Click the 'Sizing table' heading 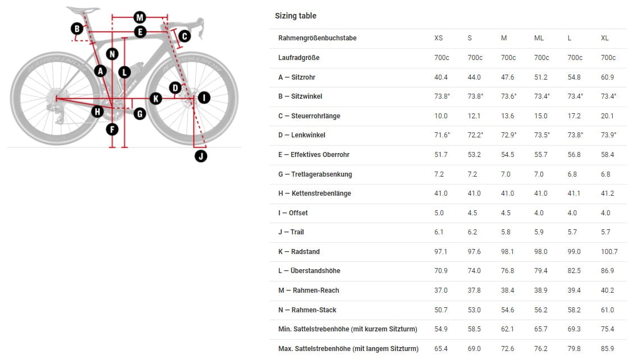[296, 16]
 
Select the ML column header [539, 38]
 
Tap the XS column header [438, 38]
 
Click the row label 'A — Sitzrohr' [297, 77]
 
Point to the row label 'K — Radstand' [299, 251]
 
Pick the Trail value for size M [506, 232]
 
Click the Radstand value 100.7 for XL [609, 251]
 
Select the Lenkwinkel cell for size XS [442, 135]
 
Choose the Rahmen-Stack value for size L [574, 310]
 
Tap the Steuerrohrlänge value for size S [474, 116]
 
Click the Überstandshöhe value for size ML [541, 271]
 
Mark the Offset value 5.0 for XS [439, 213]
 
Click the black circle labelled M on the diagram [140, 17]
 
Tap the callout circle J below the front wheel [201, 156]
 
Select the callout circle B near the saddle [77, 29]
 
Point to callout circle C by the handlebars [185, 36]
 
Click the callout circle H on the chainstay [97, 112]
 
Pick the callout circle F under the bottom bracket [112, 130]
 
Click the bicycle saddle [83, 10]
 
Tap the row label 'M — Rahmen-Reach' [309, 290]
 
